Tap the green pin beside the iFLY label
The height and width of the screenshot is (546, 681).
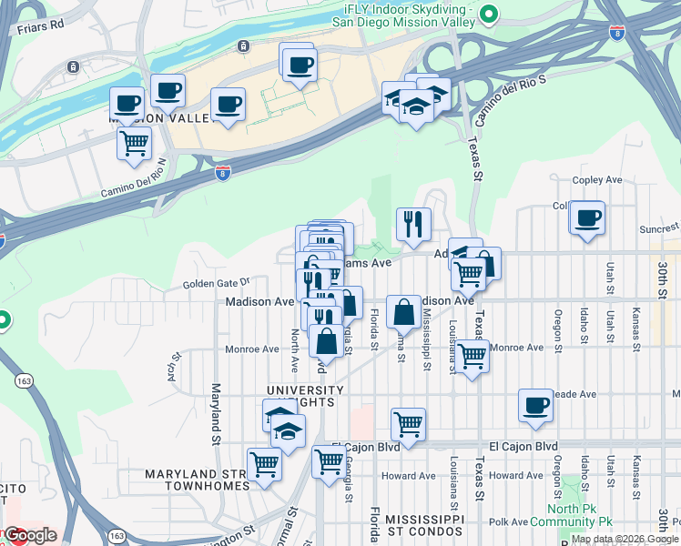pyautogui.click(x=489, y=13)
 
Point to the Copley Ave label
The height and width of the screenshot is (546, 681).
pyautogui.click(x=595, y=180)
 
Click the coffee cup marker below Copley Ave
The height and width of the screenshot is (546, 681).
pyautogui.click(x=588, y=218)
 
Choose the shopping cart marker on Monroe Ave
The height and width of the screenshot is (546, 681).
pyautogui.click(x=472, y=357)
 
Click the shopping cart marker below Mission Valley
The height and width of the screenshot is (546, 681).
pyautogui.click(x=135, y=144)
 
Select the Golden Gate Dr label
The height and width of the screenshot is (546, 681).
pyautogui.click(x=216, y=284)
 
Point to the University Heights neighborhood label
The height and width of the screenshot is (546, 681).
pyautogui.click(x=305, y=397)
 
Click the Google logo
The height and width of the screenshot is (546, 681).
pyautogui.click(x=31, y=535)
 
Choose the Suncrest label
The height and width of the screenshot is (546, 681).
pyautogui.click(x=660, y=227)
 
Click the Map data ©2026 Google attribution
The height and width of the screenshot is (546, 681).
pyautogui.click(x=625, y=539)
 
